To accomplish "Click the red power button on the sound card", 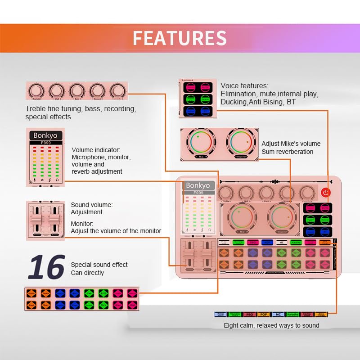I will [325, 193].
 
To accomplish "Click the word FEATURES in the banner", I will [180, 38].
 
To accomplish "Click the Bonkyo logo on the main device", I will [198, 185].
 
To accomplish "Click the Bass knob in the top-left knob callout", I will [77, 90].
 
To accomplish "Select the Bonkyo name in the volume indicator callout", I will [45, 135].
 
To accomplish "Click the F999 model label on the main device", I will [198, 193].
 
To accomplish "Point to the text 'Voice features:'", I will [244, 85].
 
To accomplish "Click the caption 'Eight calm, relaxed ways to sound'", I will [271, 325].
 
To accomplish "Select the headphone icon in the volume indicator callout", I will [57, 180].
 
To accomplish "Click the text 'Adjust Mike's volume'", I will [291, 144].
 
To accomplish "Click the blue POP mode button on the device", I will [267, 243].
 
